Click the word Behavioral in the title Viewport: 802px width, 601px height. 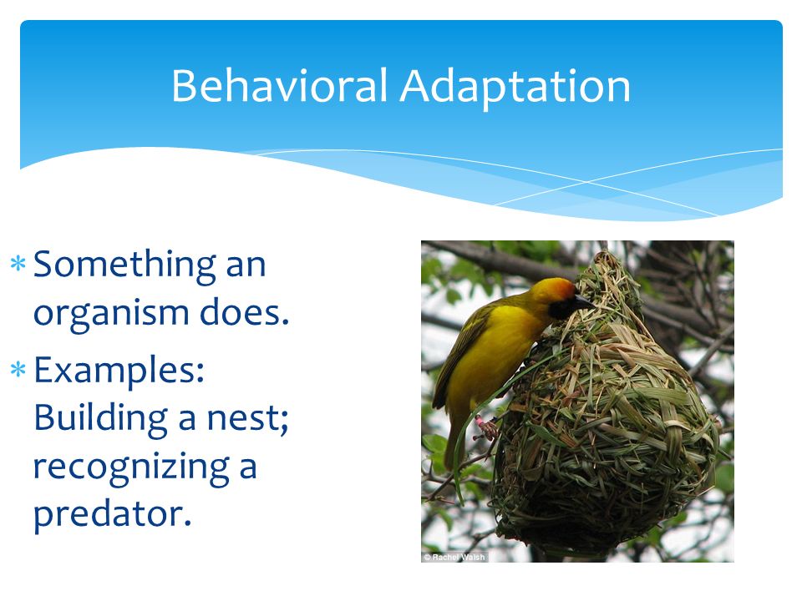[x=279, y=85]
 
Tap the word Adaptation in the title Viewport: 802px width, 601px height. [x=515, y=88]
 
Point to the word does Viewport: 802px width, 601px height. [x=245, y=311]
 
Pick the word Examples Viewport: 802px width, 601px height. [x=119, y=371]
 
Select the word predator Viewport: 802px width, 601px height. [x=113, y=515]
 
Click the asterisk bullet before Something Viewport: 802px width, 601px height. [x=18, y=264]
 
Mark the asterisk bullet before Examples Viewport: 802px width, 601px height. [x=18, y=369]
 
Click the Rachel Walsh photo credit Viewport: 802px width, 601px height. [x=454, y=557]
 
